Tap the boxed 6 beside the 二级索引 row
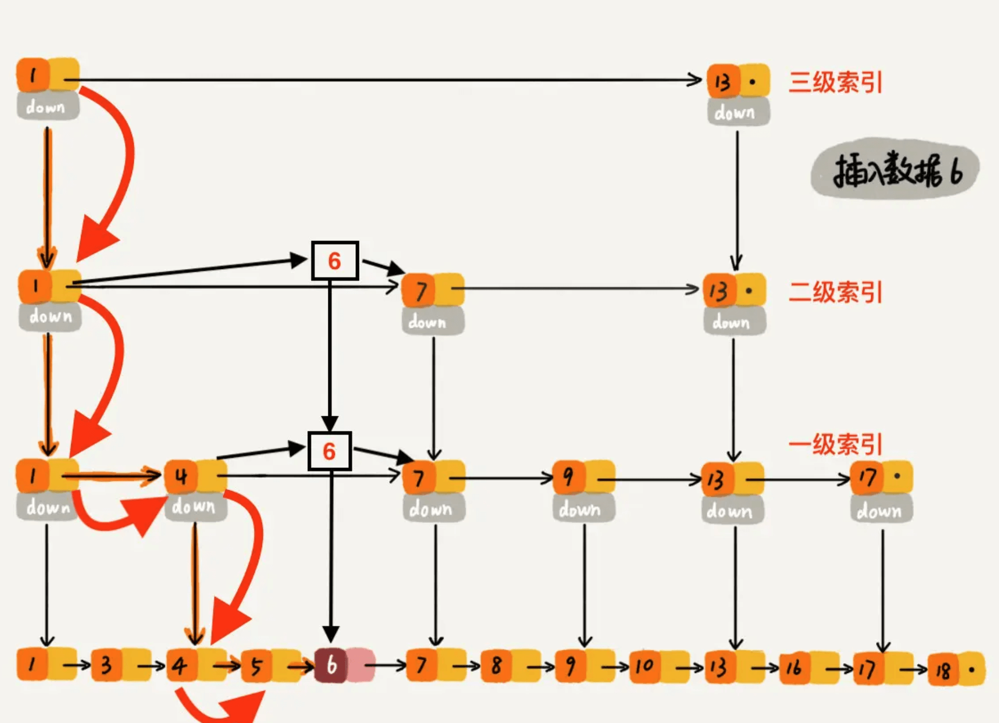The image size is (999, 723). pos(335,261)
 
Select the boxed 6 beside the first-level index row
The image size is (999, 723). pos(329,451)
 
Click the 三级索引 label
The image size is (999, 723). pos(835,83)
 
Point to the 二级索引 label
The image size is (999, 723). pos(835,292)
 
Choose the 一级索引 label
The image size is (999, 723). pos(835,445)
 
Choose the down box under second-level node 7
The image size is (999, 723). pos(432,322)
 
